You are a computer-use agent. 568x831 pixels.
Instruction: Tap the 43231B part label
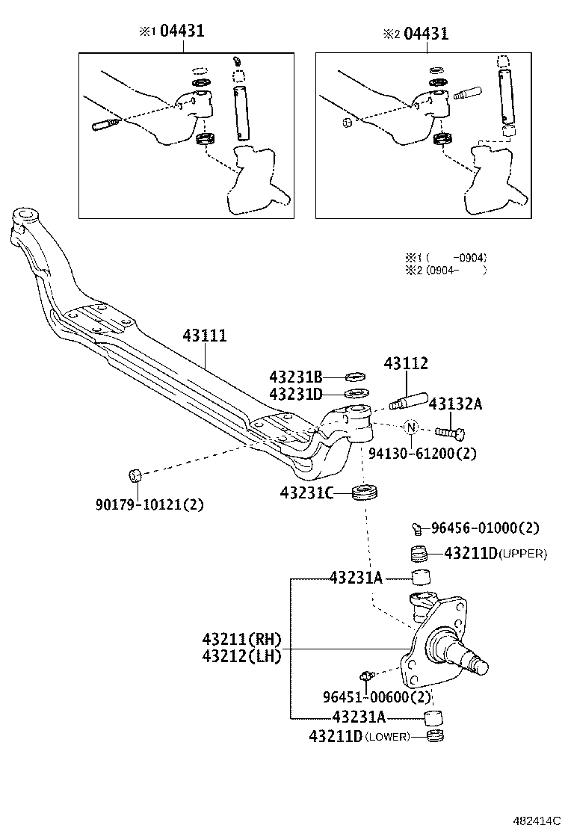[x=295, y=377]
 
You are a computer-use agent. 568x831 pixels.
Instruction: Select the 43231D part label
[x=295, y=393]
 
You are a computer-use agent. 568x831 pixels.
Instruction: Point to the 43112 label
[x=406, y=364]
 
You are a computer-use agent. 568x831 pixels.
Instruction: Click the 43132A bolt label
[x=454, y=404]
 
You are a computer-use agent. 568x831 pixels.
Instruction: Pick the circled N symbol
[x=411, y=427]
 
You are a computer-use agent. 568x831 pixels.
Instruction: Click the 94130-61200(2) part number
[x=422, y=453]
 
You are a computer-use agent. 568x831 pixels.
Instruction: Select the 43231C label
[x=306, y=493]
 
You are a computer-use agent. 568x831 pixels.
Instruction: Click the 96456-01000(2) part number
[x=484, y=528]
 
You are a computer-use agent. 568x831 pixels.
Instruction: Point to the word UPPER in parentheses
[x=522, y=554]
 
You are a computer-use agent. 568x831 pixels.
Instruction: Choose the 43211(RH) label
[x=240, y=639]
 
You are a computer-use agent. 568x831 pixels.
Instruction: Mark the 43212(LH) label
[x=240, y=656]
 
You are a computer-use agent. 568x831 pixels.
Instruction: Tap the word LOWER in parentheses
[x=389, y=737]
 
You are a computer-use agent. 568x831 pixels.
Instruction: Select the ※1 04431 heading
[x=171, y=31]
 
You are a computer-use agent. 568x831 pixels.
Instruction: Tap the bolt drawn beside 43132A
[x=448, y=432]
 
